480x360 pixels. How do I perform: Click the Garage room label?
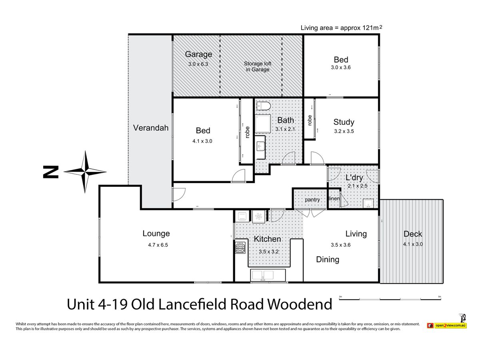tap(198, 54)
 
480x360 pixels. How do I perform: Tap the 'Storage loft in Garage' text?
tap(257, 66)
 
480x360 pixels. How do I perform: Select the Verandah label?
tap(151, 128)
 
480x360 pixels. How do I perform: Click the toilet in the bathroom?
tap(264, 106)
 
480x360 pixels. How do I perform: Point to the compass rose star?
tap(85, 172)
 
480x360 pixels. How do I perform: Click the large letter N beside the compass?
tap(51, 172)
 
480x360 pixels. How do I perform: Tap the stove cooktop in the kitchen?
tap(240, 248)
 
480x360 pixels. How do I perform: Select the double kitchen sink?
tap(268, 275)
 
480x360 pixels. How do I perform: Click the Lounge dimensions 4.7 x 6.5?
tap(158, 245)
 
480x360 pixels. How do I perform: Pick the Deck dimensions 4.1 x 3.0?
tap(413, 244)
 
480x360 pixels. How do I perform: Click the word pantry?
tap(312, 200)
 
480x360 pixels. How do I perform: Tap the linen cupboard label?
tap(334, 198)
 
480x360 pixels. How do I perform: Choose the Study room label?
tap(344, 122)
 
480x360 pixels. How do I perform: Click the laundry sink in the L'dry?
tap(368, 203)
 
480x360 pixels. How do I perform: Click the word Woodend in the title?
tap(300, 304)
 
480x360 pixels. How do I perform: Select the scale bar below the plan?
tap(390, 299)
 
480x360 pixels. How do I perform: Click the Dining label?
tap(328, 260)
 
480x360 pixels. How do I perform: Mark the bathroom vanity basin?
tap(261, 146)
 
